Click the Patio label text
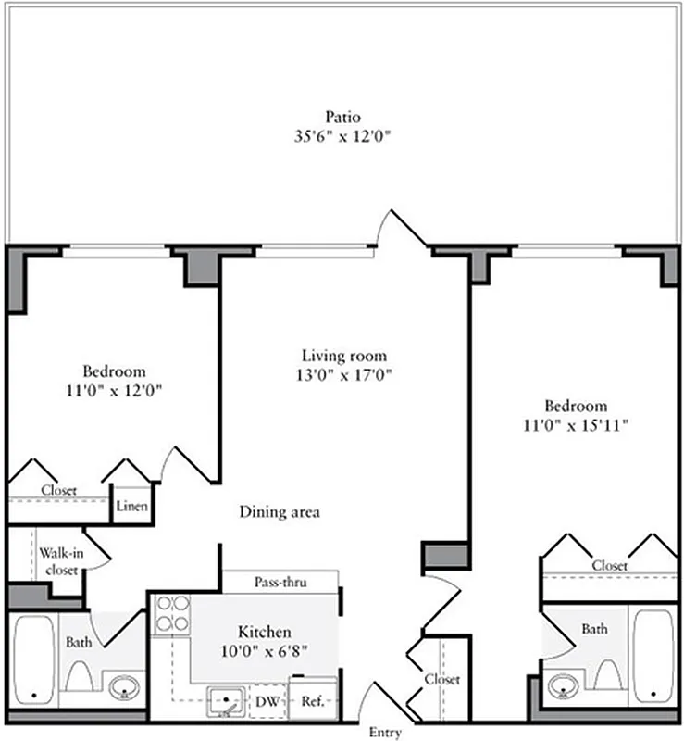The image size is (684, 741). [342, 118]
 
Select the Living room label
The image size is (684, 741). [343, 356]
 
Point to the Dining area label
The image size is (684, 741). [280, 511]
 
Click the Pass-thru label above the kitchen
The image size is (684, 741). [280, 583]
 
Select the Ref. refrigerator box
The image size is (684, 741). [312, 701]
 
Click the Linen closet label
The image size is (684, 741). [131, 507]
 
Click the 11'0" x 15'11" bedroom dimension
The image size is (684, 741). [575, 426]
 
